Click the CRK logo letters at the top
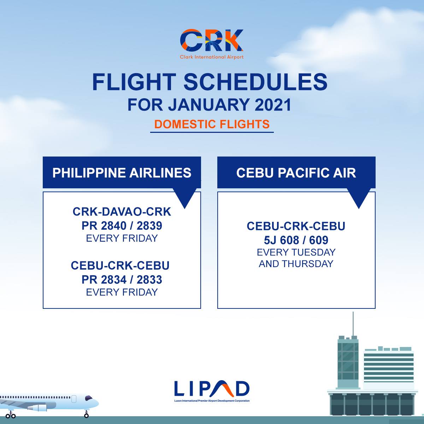pyautogui.click(x=212, y=40)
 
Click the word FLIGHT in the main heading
pyautogui.click(x=133, y=82)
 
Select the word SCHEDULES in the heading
pyautogui.click(x=255, y=82)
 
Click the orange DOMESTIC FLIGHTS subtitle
pyautogui.click(x=212, y=124)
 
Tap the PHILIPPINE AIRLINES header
pyautogui.click(x=122, y=173)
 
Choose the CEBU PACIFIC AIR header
pyautogui.click(x=296, y=173)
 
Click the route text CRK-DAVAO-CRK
pyautogui.click(x=122, y=212)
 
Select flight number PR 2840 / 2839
pyautogui.click(x=122, y=225)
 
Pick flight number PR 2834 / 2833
pyautogui.click(x=122, y=279)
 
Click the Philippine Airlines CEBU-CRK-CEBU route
pyautogui.click(x=120, y=265)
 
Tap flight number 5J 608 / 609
pyautogui.click(x=296, y=240)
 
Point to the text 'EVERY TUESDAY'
pyautogui.click(x=296, y=252)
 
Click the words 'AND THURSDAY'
pyautogui.click(x=296, y=264)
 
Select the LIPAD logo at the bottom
pyautogui.click(x=212, y=389)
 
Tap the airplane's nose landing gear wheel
pyautogui.click(x=86, y=416)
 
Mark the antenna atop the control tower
pyautogui.click(x=353, y=323)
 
